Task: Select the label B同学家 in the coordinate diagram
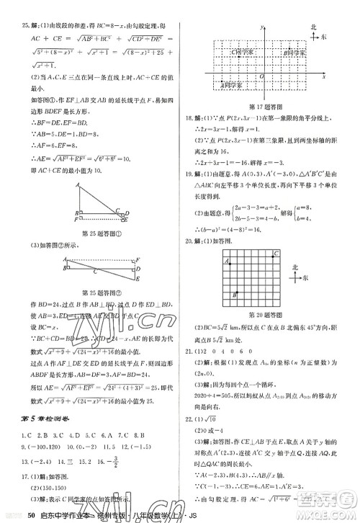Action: click(x=294, y=53)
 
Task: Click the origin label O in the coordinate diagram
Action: click(x=261, y=75)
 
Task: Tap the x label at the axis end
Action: click(x=324, y=75)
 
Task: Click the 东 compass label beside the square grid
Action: click(x=305, y=277)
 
